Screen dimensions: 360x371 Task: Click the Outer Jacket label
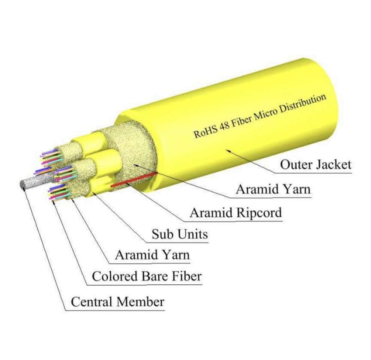point(315,165)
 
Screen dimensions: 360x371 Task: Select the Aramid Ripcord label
point(235,213)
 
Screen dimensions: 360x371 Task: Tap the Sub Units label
point(179,234)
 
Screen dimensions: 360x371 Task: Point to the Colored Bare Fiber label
point(147,277)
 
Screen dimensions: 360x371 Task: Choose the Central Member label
point(117,301)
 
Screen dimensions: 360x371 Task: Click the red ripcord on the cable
point(133,180)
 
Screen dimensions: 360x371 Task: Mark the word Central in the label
point(92,301)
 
